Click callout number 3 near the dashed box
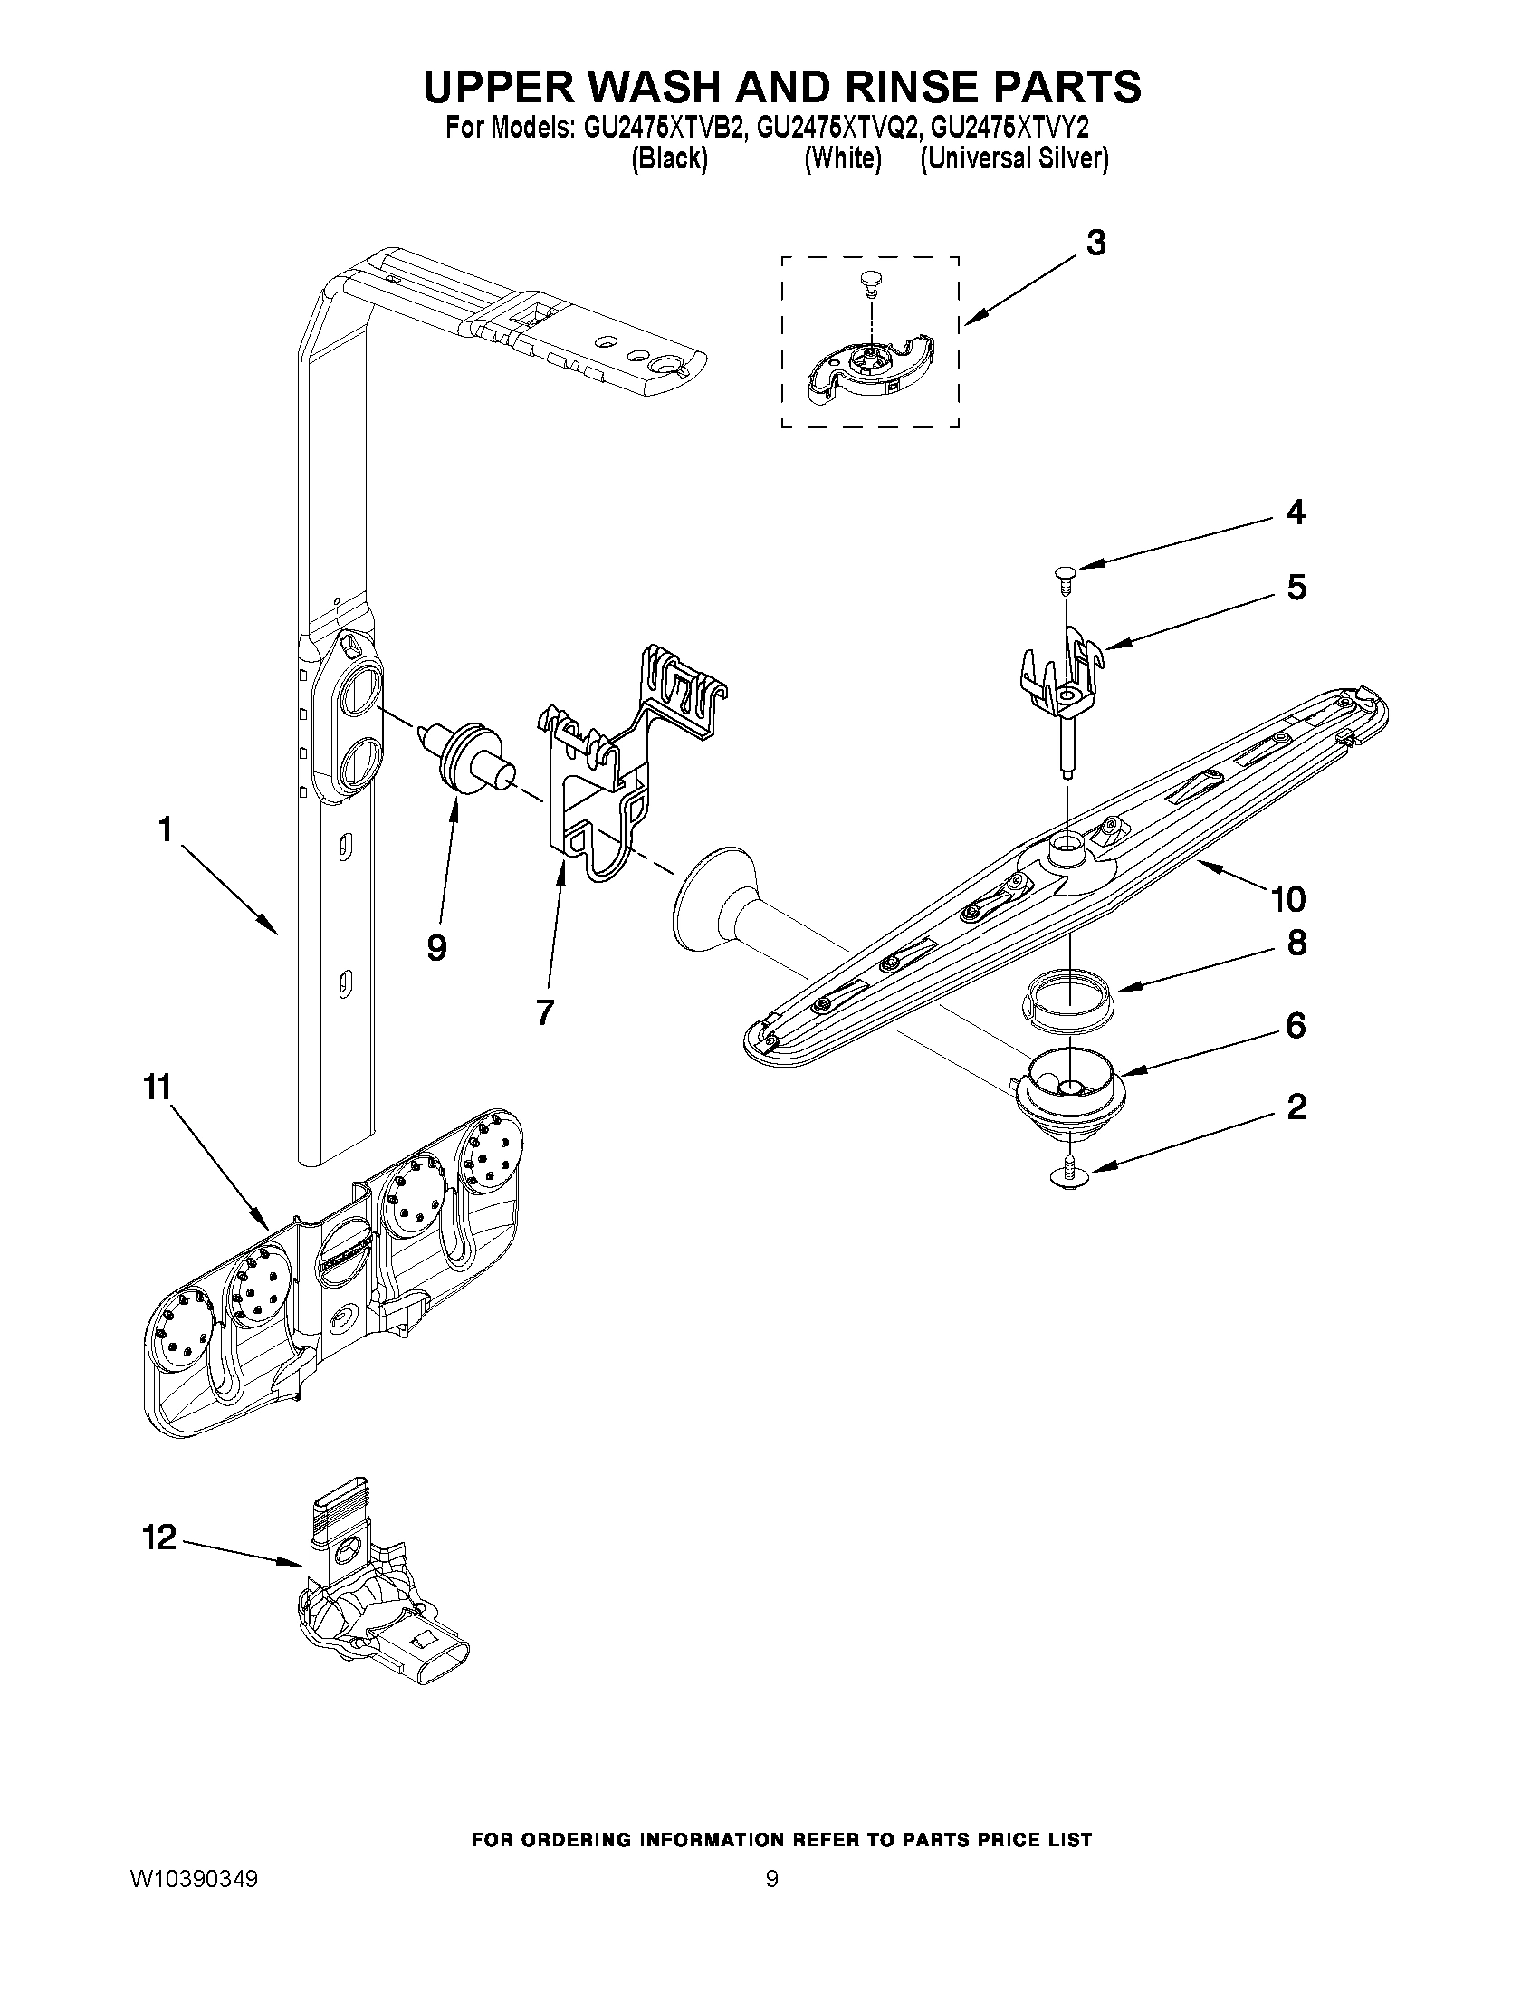pos(1095,244)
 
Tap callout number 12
pos(158,1538)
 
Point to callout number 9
pos(436,948)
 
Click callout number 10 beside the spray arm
pos(1287,899)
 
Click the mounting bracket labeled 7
pos(602,785)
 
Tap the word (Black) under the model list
pos(669,158)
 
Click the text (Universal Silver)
pos(1014,158)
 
